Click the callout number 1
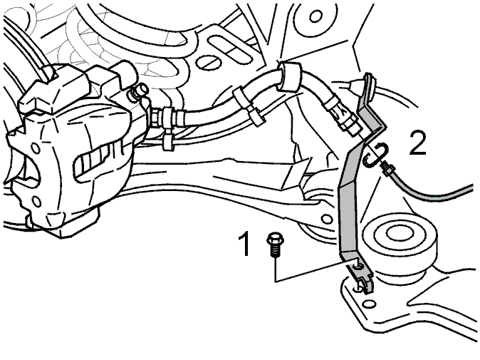[x=245, y=244]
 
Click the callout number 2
[x=418, y=142]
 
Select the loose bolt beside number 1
[x=275, y=245]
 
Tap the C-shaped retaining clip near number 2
[x=377, y=155]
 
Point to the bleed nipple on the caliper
[x=139, y=91]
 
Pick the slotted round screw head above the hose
[x=208, y=63]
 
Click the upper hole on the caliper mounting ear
[x=36, y=148]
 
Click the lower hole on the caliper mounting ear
[x=36, y=202]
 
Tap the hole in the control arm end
[x=327, y=219]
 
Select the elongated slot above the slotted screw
[x=231, y=50]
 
